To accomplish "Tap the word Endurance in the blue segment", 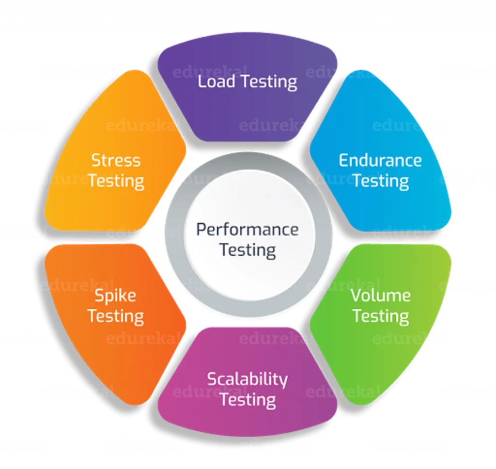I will coord(380,160).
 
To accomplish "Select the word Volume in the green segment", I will coord(380,295).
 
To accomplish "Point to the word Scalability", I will coord(247,379).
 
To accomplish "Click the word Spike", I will coord(115,296).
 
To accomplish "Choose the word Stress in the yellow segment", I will coord(116,160).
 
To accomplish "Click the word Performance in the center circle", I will coord(247,229).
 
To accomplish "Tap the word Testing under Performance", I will coord(247,250).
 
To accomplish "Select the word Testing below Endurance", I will coord(380,181).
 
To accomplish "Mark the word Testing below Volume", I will coord(380,316).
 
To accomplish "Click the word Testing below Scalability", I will coord(247,401).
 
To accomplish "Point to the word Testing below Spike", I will coord(115,316).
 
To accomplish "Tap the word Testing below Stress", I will coord(116,181).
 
